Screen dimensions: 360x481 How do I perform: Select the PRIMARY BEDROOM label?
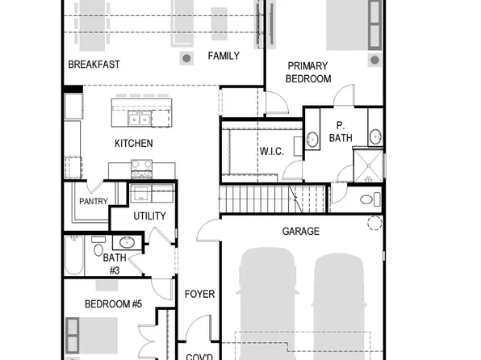(x=307, y=73)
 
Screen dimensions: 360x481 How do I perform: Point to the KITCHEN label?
(x=133, y=144)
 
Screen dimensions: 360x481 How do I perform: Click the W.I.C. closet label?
(x=270, y=151)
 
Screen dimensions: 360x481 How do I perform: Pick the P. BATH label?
(x=341, y=132)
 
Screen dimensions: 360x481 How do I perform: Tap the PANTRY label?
(x=94, y=202)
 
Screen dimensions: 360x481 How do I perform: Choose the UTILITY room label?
(x=149, y=216)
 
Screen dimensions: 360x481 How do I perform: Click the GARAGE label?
(x=300, y=232)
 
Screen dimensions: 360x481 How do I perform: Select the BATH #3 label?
(x=112, y=263)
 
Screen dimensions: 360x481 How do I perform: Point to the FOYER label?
(x=200, y=294)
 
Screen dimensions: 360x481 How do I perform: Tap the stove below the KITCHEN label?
(x=143, y=170)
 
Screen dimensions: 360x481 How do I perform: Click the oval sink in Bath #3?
(x=127, y=242)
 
